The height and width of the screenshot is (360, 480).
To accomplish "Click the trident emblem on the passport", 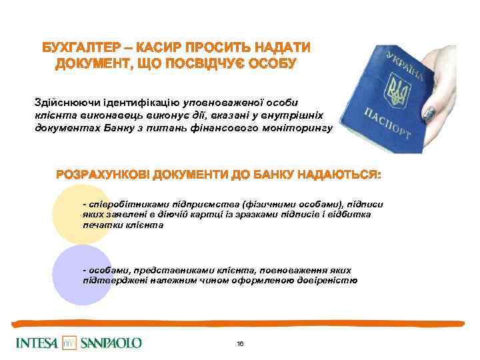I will (399, 92).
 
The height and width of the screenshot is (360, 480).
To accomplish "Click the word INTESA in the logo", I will (37, 343).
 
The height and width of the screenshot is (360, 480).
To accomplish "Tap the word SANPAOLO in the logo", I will (110, 343).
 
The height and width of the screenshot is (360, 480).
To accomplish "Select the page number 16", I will (240, 343).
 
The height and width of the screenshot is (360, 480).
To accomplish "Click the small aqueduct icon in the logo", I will (69, 343).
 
